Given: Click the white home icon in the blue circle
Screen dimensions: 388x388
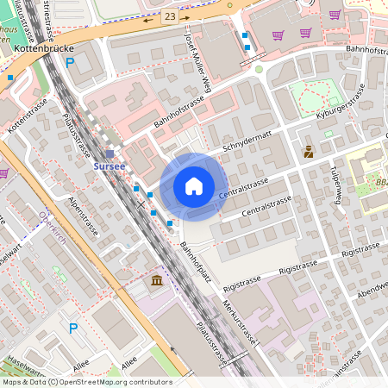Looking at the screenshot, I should (x=194, y=185).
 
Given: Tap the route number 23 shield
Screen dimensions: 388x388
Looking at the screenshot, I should (x=170, y=16).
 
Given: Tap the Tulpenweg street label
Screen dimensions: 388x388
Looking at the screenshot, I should (x=338, y=184).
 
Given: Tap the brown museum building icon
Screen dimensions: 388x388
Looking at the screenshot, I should (x=156, y=282).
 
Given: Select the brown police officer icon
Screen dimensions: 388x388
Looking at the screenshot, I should (x=309, y=152).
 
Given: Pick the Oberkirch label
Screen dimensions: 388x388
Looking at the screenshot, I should (x=53, y=220).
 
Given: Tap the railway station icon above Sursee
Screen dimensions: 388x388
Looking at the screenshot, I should (x=110, y=153).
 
